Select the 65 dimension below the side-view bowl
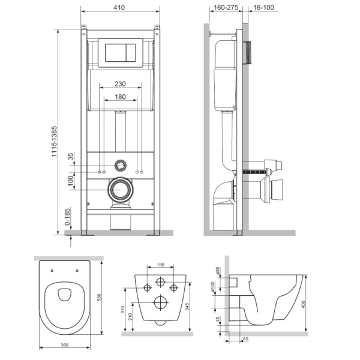(246, 339)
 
